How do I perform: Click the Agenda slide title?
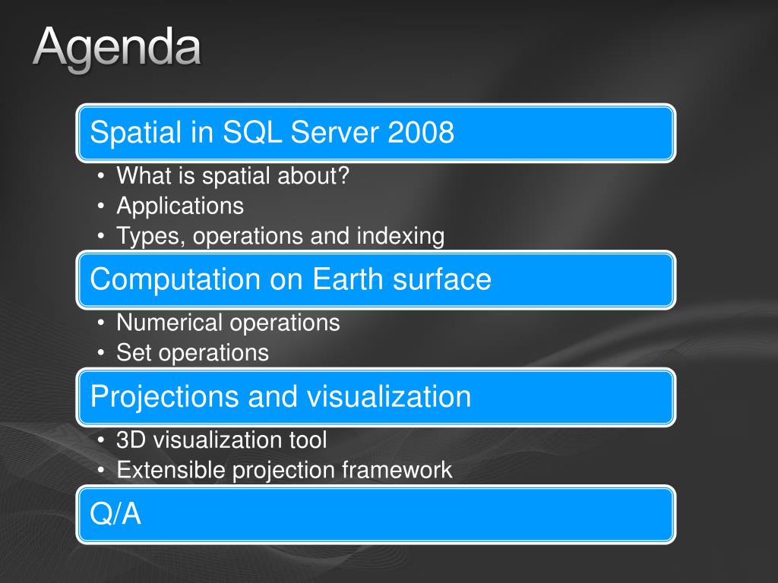(x=117, y=49)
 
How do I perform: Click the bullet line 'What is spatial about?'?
(x=232, y=175)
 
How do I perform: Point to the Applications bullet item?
(x=180, y=206)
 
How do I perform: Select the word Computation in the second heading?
(x=176, y=279)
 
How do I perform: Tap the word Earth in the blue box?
(x=348, y=279)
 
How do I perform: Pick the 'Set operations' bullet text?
(x=192, y=352)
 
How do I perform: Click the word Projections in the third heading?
(x=165, y=397)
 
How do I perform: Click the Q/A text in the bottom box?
(x=115, y=514)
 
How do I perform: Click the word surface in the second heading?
(x=441, y=279)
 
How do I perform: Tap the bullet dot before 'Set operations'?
(x=101, y=353)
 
